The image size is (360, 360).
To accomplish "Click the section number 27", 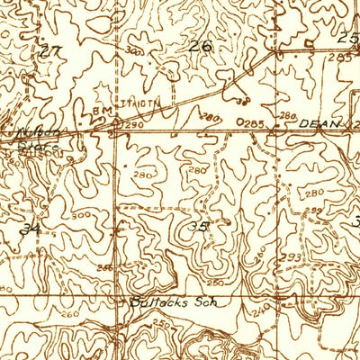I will click(50, 51).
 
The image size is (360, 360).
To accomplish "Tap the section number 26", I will click(202, 45).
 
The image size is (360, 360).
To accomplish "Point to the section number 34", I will click(31, 229).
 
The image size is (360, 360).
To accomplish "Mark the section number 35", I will click(198, 228).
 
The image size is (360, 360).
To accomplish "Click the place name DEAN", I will click(319, 123).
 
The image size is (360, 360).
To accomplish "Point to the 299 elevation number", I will click(314, 211).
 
